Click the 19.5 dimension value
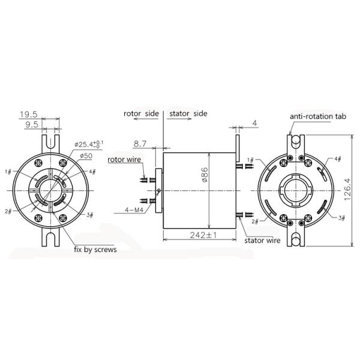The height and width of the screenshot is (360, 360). [x=29, y=114]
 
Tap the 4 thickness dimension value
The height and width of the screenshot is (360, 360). [x=254, y=124]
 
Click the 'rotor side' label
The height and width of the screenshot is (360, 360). [x=141, y=113]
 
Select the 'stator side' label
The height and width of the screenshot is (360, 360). [x=187, y=113]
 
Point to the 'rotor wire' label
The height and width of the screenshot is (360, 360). [x=125, y=160]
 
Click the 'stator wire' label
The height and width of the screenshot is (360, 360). [x=262, y=240]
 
